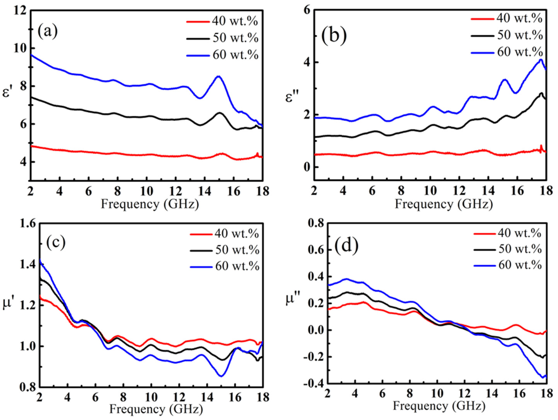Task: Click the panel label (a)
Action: click(x=48, y=32)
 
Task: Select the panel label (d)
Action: click(x=346, y=245)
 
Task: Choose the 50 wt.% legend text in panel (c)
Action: click(x=237, y=250)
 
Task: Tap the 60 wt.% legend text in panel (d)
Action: click(x=520, y=265)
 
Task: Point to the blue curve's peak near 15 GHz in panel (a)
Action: click(x=218, y=76)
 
